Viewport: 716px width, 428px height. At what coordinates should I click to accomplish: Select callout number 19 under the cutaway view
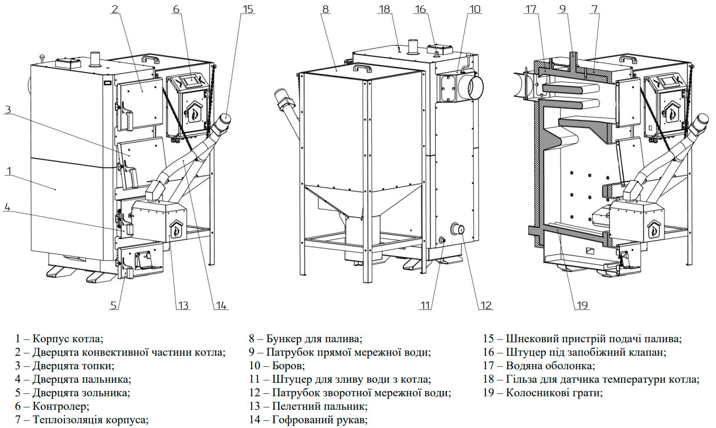(582, 305)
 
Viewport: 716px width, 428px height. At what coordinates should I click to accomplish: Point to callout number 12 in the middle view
(486, 305)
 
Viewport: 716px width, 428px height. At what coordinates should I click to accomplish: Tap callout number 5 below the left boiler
(113, 305)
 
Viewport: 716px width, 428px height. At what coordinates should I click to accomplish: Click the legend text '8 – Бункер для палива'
(306, 339)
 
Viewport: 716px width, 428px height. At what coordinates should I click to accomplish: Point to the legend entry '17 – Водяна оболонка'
(539, 366)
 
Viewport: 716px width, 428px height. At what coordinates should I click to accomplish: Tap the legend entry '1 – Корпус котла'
(59, 339)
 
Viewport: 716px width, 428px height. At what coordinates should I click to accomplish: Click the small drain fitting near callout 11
(442, 240)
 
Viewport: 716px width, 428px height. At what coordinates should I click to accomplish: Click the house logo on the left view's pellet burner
(177, 228)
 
